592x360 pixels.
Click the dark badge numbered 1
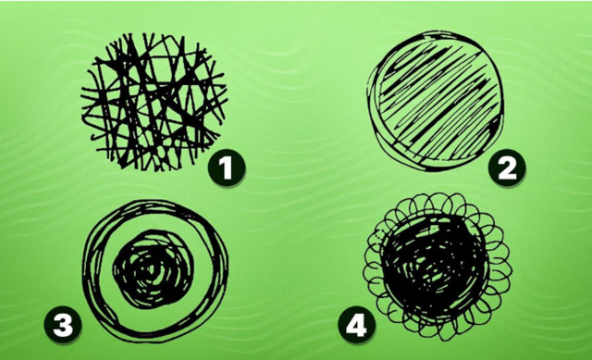coord(227,168)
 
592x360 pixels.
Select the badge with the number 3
coord(63,325)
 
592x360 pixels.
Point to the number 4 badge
coord(356,325)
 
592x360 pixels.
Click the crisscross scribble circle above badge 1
coord(154,102)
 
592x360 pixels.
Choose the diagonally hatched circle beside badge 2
coord(436,101)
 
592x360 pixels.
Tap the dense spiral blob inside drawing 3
coord(154,269)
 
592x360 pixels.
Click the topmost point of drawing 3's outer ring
coord(154,200)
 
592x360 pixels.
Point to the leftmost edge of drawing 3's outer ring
coord(83,270)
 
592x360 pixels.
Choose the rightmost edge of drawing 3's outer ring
coord(228,270)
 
